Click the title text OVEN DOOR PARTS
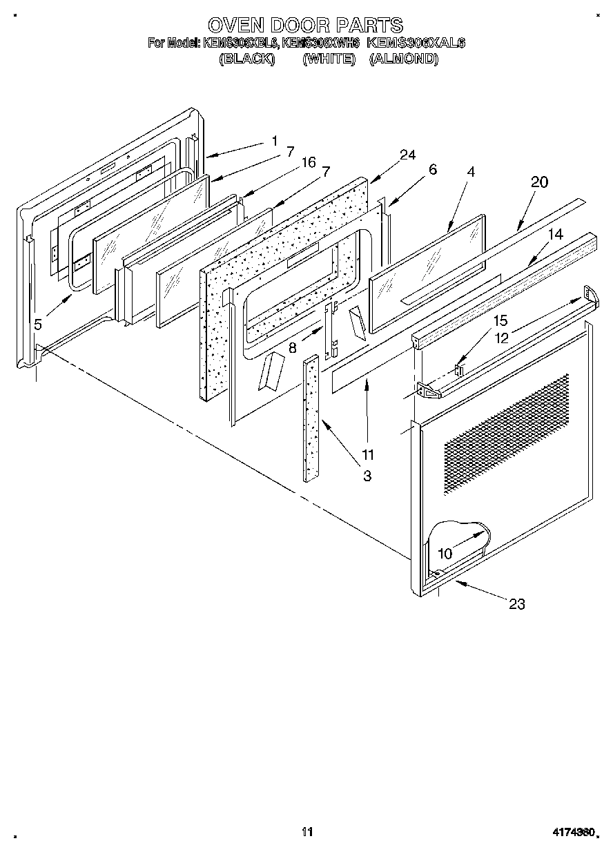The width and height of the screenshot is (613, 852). point(306,26)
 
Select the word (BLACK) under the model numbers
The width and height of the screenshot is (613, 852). point(247,59)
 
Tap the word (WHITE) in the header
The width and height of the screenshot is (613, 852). point(329,59)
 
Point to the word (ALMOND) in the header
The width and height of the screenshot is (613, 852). point(404,59)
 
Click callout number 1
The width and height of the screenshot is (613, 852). point(274,142)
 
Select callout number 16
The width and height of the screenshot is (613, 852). point(308,163)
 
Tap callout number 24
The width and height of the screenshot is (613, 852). point(407,155)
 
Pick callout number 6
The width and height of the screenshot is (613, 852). point(433,170)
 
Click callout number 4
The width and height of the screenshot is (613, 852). point(470,173)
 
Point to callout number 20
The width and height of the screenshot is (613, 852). point(539,182)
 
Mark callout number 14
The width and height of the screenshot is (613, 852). point(556,235)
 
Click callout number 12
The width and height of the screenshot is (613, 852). point(500,338)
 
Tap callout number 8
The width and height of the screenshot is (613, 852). point(293,349)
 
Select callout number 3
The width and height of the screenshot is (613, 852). point(367,475)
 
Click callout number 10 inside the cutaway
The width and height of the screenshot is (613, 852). point(445,554)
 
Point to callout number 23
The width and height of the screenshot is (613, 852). point(516,604)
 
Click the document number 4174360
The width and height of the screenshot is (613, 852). point(572,832)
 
